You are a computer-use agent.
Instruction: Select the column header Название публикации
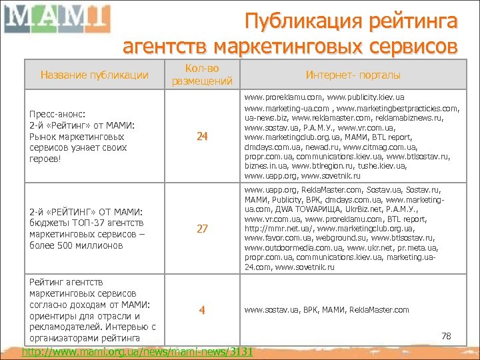click(x=95, y=75)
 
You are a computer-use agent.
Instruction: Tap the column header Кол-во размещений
click(x=203, y=75)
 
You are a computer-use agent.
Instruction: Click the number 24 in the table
click(x=203, y=137)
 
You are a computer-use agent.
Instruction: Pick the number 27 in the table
click(x=203, y=229)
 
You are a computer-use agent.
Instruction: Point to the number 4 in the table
click(x=203, y=310)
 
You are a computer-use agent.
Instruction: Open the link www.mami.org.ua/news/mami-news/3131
click(x=138, y=351)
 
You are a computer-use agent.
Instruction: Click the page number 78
click(x=447, y=336)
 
